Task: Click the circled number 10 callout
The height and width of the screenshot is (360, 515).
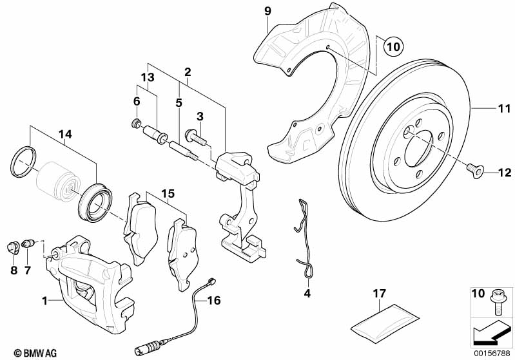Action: tap(393, 46)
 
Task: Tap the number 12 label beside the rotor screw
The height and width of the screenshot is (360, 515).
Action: tap(503, 172)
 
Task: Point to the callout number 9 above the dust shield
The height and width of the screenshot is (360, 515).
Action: tap(267, 10)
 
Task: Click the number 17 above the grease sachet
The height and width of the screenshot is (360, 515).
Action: tap(380, 294)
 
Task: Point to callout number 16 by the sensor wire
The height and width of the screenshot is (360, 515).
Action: tap(214, 300)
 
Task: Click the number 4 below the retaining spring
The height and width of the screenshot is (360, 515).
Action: tap(307, 294)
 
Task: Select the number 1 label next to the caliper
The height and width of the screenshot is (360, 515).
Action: tap(44, 301)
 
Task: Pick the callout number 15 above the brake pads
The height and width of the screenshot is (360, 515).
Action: tap(168, 193)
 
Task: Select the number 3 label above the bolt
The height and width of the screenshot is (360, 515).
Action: tap(200, 117)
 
